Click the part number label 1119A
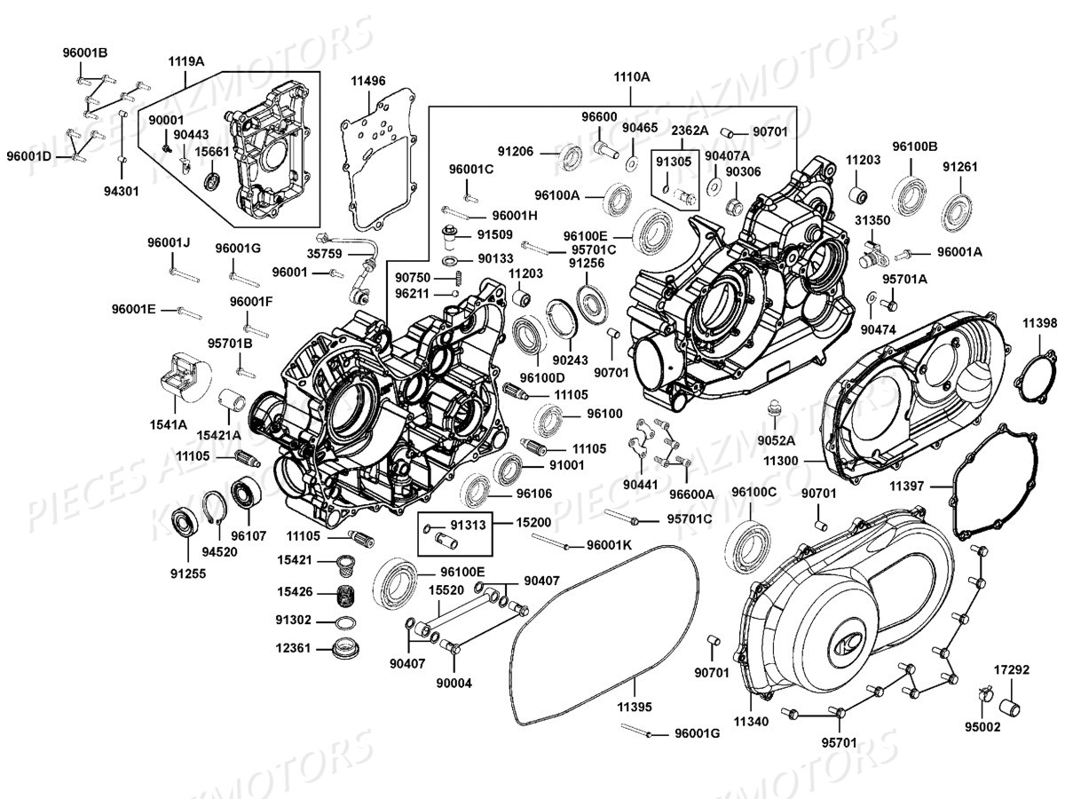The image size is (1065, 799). pos(186,61)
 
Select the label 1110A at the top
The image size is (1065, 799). pos(631,77)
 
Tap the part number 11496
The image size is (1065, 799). pos(368,81)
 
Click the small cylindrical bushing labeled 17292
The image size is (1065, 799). pos(1013,708)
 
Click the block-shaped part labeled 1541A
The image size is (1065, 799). pos(180,375)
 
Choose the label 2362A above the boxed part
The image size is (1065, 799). pos(689,130)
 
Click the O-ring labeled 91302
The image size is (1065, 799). pos(348,620)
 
